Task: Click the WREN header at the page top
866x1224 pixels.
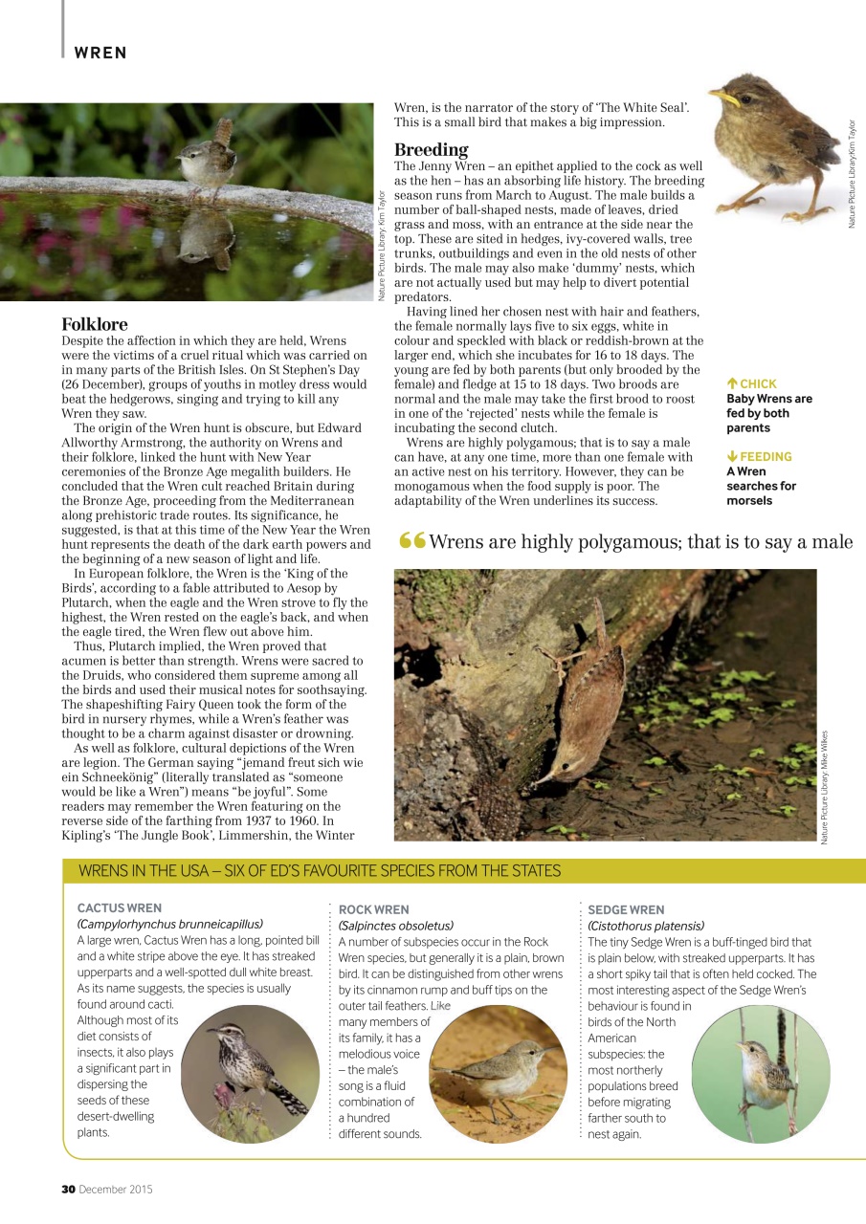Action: (x=100, y=53)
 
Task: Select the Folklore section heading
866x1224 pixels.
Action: (x=95, y=324)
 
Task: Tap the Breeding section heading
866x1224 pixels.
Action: (x=432, y=149)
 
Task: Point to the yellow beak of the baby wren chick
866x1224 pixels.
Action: (x=724, y=97)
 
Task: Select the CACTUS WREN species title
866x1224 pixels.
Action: (x=120, y=907)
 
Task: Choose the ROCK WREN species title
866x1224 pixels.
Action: (x=374, y=909)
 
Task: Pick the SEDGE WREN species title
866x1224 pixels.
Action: (x=626, y=909)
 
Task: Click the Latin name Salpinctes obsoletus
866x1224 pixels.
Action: (x=396, y=926)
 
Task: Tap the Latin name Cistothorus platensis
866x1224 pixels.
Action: (x=646, y=926)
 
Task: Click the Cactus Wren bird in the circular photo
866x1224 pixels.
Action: (x=254, y=1061)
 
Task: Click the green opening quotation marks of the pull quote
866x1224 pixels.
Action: (x=411, y=541)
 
